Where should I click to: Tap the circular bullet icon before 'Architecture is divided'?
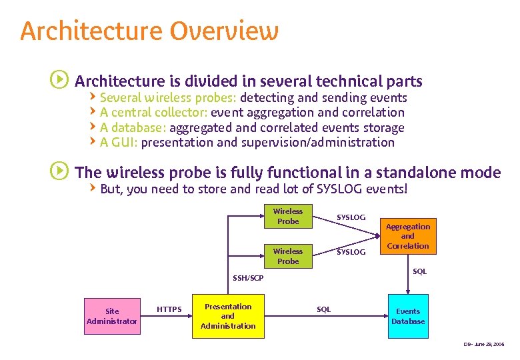tap(59, 81)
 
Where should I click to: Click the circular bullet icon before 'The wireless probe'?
tap(59, 171)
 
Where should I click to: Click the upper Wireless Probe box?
tap(288, 216)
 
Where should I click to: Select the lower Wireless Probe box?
tap(288, 256)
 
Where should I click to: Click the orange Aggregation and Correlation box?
tap(407, 236)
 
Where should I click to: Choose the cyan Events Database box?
tap(408, 316)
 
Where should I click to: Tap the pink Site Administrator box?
tap(112, 316)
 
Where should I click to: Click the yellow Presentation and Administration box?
tap(228, 316)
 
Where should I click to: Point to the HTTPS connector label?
tap(169, 309)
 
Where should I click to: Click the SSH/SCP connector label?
tap(247, 278)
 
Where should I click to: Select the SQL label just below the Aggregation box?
tap(419, 271)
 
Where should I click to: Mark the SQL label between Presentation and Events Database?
tap(323, 309)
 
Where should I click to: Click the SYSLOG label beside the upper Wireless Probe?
tap(351, 217)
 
